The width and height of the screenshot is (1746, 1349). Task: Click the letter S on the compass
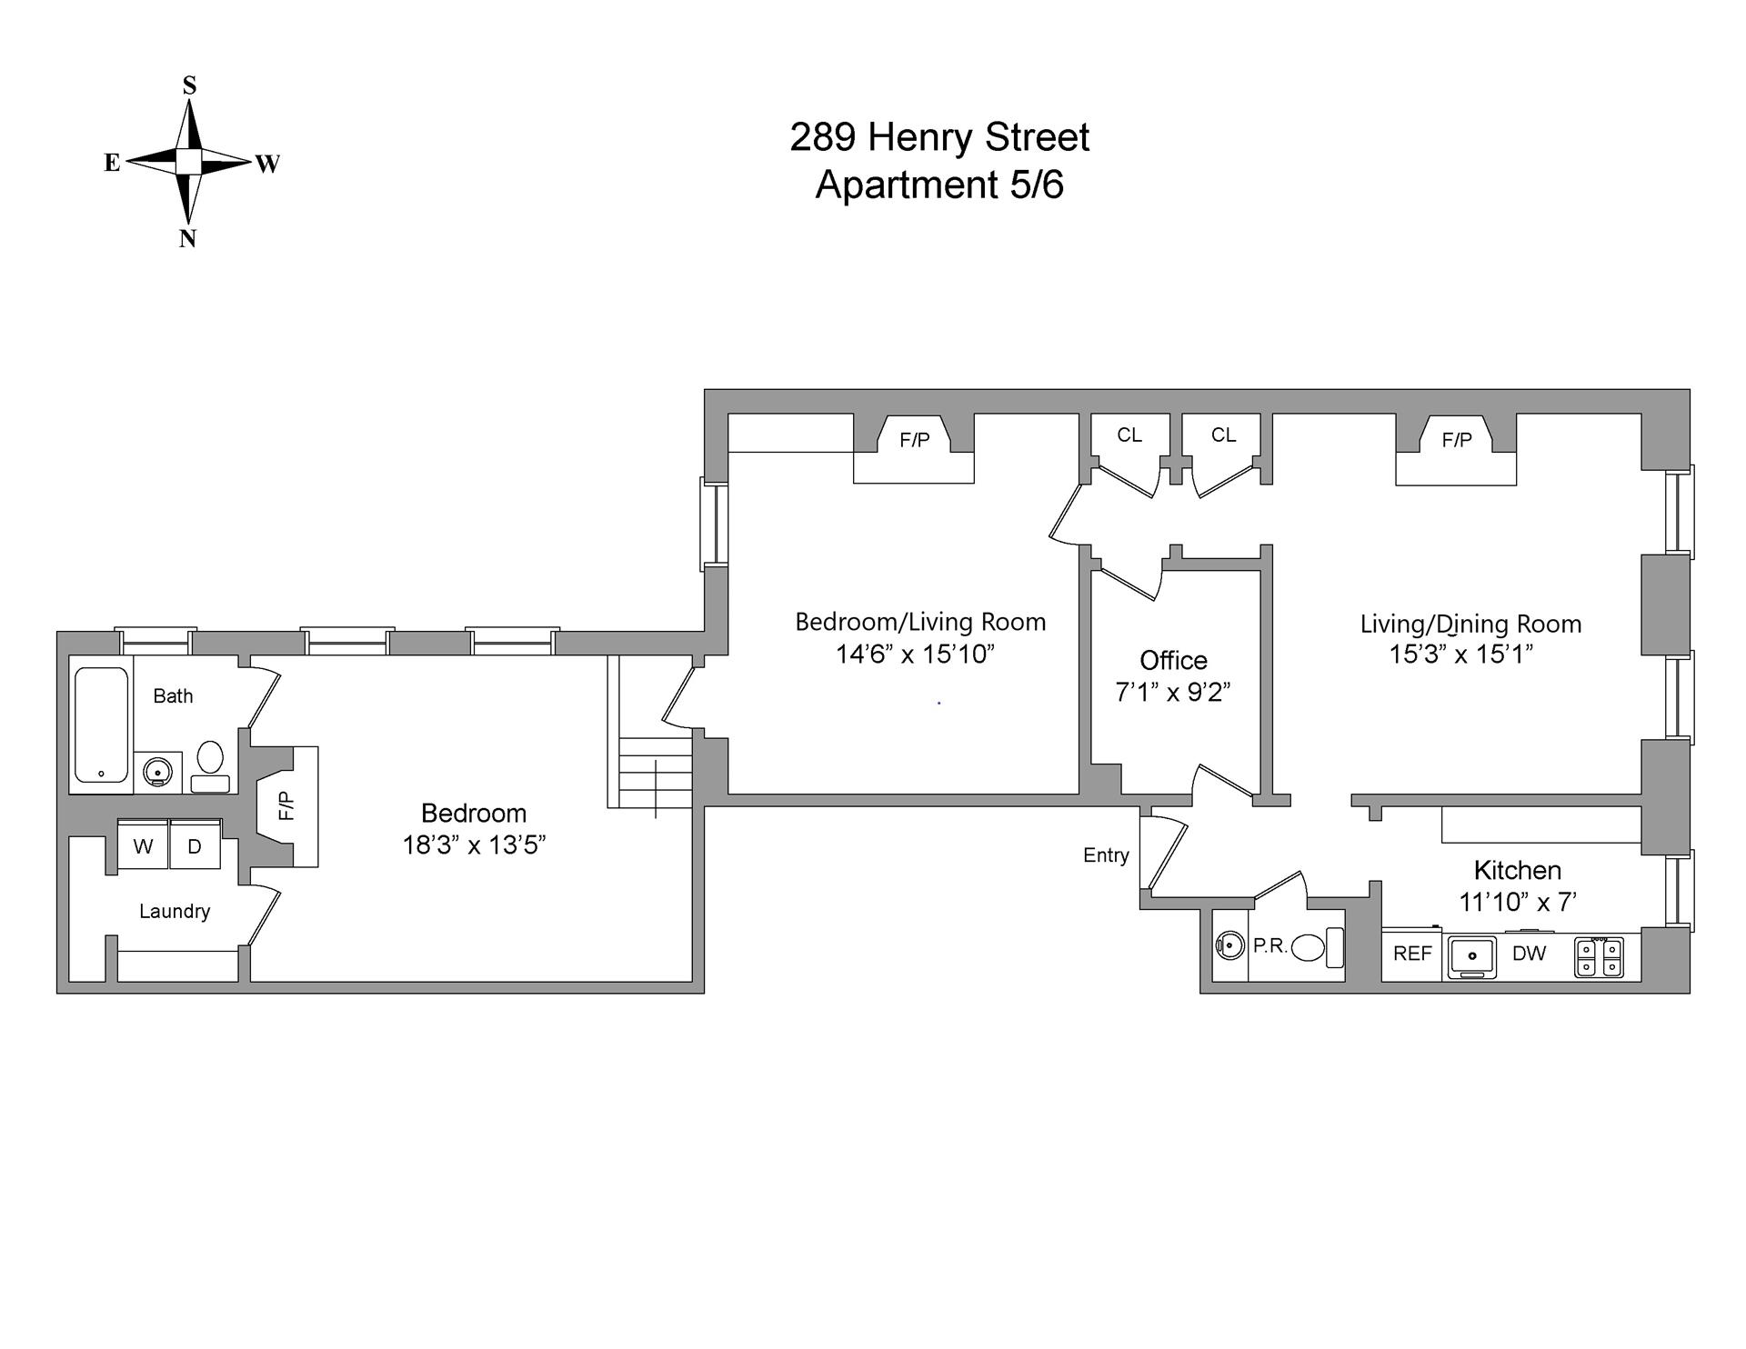pyautogui.click(x=189, y=85)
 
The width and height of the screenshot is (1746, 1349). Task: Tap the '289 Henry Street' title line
pyautogui.click(x=938, y=138)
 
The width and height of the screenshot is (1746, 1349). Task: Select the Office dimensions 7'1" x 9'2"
pyautogui.click(x=1172, y=693)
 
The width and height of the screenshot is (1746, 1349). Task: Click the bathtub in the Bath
pyautogui.click(x=101, y=725)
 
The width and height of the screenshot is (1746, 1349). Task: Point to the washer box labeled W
pyautogui.click(x=143, y=846)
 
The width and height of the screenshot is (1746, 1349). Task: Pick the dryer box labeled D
pyautogui.click(x=195, y=846)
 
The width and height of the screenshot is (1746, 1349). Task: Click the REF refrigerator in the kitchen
pyautogui.click(x=1411, y=954)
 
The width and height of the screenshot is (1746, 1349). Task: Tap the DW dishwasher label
pyautogui.click(x=1529, y=954)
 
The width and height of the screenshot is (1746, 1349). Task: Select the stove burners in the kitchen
pyautogui.click(x=1599, y=958)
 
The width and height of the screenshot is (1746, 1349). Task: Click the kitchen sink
pyautogui.click(x=1472, y=957)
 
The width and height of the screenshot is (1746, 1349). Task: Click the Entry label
pyautogui.click(x=1106, y=854)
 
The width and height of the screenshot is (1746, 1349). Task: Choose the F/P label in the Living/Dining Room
pyautogui.click(x=1456, y=440)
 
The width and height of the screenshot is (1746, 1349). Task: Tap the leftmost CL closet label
pyautogui.click(x=1129, y=435)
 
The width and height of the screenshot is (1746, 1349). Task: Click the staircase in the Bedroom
pyautogui.click(x=655, y=773)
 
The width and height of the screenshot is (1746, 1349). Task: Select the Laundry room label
pyautogui.click(x=175, y=911)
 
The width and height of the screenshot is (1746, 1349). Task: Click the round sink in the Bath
pyautogui.click(x=158, y=773)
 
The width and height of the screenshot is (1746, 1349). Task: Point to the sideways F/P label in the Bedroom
pyautogui.click(x=286, y=805)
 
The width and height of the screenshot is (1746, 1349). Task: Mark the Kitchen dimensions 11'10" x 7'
pyautogui.click(x=1517, y=902)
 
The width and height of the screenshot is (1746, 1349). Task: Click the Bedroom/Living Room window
pyautogui.click(x=715, y=525)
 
